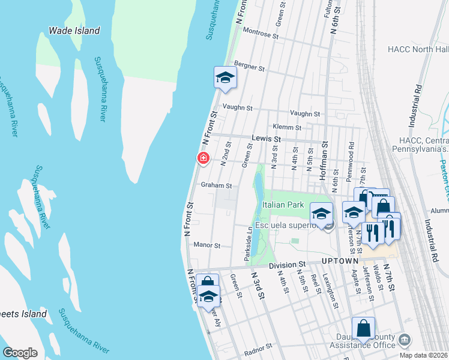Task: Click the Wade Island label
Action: pyautogui.click(x=74, y=31)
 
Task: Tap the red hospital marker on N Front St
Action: pyautogui.click(x=203, y=158)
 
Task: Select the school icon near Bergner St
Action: pyautogui.click(x=225, y=78)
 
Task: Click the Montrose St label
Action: pyautogui.click(x=261, y=36)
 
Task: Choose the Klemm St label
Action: pyautogui.click(x=286, y=127)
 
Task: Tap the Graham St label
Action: pyautogui.click(x=216, y=185)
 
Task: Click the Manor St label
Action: pyautogui.click(x=207, y=245)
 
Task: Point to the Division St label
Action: pyautogui.click(x=287, y=264)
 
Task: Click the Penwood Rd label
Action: pyautogui.click(x=351, y=157)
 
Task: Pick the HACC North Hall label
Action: pyautogui.click(x=418, y=49)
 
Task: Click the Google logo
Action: pyautogui.click(x=20, y=353)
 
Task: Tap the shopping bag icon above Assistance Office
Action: pyautogui.click(x=363, y=328)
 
